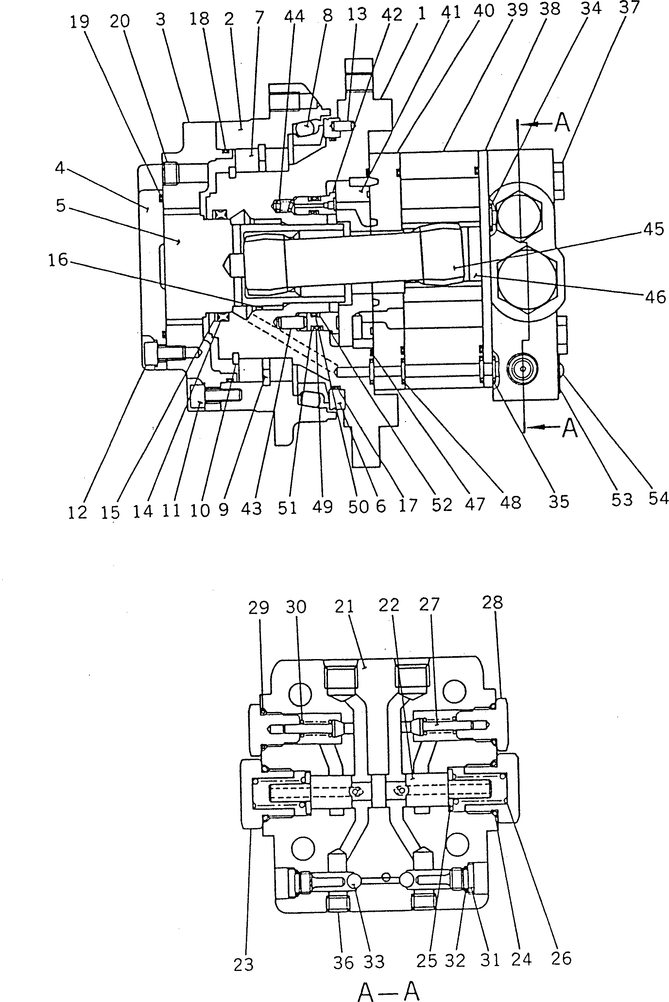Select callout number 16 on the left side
[x=58, y=259]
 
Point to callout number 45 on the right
[x=654, y=229]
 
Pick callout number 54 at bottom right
[x=658, y=498]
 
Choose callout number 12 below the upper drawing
[x=77, y=512]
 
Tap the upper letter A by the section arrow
[x=562, y=123]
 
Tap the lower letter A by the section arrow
[x=570, y=428]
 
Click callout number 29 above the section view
[x=259, y=608]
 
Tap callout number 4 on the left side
[x=60, y=168]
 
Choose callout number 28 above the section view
[x=493, y=603]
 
